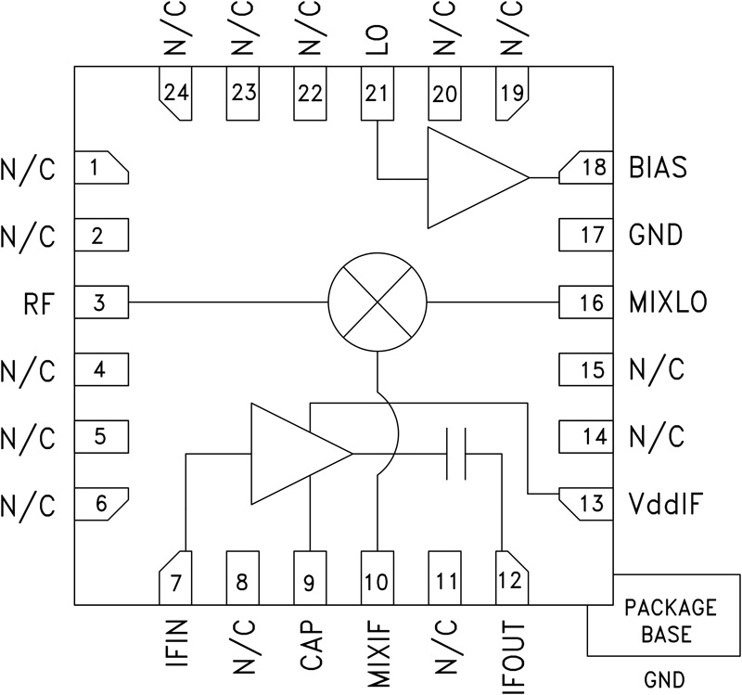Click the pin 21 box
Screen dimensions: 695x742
tap(377, 94)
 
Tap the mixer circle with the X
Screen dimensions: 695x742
tap(377, 303)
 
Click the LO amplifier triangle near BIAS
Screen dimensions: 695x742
tap(468, 177)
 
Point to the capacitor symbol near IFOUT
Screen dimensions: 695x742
tap(455, 453)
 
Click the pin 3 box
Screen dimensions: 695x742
tap(99, 303)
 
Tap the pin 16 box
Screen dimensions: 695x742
tap(585, 303)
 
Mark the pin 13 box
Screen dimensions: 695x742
tap(585, 505)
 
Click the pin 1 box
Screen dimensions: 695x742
tap(99, 168)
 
